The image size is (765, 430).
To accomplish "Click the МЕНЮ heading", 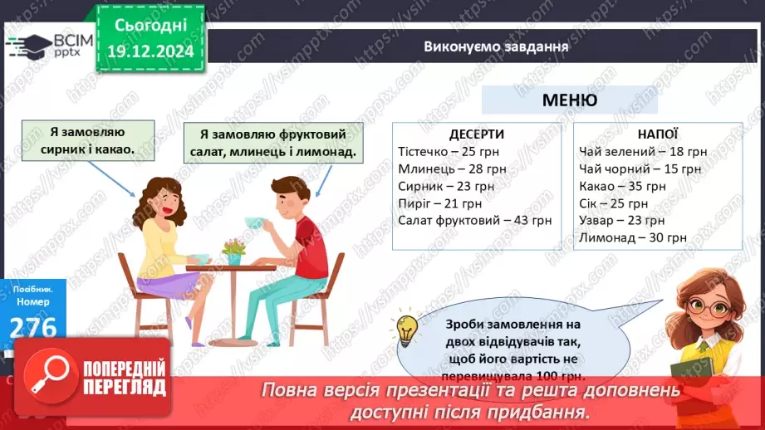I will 569,100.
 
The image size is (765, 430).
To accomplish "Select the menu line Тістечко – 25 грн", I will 444,152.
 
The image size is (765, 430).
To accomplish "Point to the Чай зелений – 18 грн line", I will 643,152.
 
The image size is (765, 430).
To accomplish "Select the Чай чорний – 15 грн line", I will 640,169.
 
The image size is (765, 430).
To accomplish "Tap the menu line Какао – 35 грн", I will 622,186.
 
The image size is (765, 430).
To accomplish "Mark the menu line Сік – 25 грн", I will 613,203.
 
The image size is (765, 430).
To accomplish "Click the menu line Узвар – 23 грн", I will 621,221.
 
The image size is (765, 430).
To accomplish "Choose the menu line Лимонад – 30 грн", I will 632,237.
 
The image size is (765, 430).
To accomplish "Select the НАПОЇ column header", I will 658,134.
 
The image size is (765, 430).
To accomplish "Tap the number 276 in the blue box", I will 33,329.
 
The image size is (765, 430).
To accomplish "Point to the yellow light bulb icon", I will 407,330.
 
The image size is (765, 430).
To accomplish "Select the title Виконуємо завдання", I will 496,46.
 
